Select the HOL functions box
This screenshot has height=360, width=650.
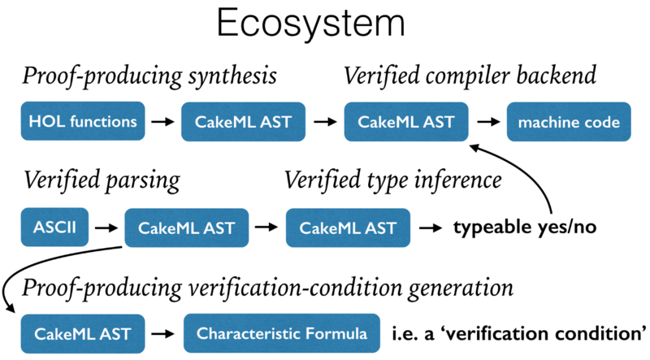(83, 123)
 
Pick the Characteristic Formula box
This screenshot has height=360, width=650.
(282, 333)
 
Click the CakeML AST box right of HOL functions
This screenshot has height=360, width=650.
(244, 123)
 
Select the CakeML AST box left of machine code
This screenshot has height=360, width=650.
(405, 123)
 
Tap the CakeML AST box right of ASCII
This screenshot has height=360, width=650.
(186, 227)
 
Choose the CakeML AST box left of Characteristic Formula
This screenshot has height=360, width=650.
(84, 333)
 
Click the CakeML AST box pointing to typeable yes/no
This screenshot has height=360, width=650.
(347, 227)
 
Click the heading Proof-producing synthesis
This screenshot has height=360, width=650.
(149, 77)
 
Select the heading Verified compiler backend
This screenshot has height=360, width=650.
(470, 77)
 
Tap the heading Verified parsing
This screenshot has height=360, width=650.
(101, 180)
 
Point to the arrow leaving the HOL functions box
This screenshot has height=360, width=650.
(162, 123)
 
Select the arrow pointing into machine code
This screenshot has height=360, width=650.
(487, 123)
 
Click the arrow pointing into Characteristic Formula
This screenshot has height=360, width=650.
(165, 333)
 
